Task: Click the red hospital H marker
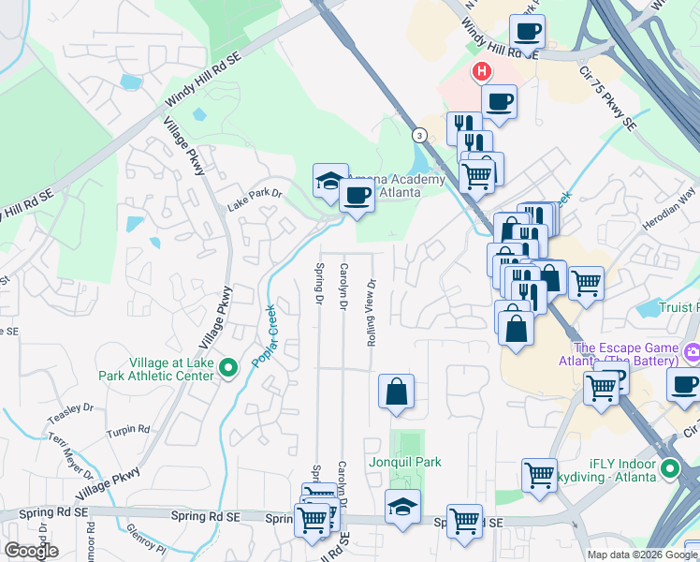(482, 71)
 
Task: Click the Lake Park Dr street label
(255, 194)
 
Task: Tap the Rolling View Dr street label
(372, 313)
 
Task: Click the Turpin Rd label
(128, 430)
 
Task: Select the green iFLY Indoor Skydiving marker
(669, 468)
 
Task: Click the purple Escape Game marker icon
(692, 353)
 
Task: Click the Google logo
(31, 551)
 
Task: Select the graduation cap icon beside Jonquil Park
(402, 507)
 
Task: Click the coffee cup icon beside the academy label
(356, 196)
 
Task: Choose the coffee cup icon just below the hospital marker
(499, 100)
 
